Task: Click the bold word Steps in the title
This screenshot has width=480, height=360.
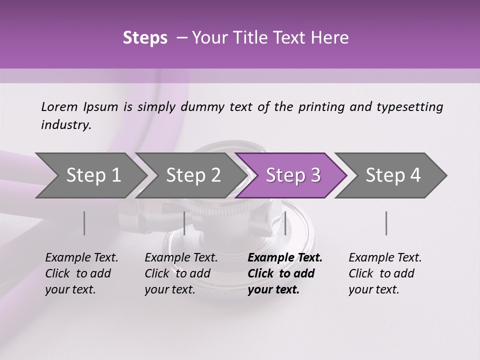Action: [x=145, y=38]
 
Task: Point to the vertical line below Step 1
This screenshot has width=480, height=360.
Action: [x=84, y=223]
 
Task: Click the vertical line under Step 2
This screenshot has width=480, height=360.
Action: [x=184, y=223]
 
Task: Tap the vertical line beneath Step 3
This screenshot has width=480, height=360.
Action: [x=285, y=223]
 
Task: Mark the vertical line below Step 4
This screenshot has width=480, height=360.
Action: [x=386, y=223]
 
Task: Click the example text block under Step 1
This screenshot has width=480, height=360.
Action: [x=81, y=273]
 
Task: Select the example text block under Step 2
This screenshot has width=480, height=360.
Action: [x=181, y=273]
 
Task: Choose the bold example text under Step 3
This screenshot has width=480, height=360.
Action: [x=284, y=273]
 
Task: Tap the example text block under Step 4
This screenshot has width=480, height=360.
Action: [x=385, y=273]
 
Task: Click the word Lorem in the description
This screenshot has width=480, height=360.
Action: [x=59, y=107]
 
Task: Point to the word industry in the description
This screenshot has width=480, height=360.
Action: [x=65, y=125]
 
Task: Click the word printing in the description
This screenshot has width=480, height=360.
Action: [x=321, y=107]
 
